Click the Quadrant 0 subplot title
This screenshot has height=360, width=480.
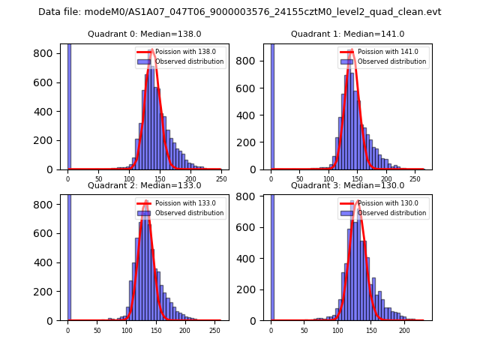144,34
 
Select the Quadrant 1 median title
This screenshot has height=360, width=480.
347,34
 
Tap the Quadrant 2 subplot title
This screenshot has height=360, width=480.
144,185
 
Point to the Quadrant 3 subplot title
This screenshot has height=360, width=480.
347,185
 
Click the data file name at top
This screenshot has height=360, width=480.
240,12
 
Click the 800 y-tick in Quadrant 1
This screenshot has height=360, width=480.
253,54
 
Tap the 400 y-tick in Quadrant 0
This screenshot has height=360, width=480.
50,112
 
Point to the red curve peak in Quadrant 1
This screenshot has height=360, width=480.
350,52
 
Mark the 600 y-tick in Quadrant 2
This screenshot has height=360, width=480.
50,234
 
